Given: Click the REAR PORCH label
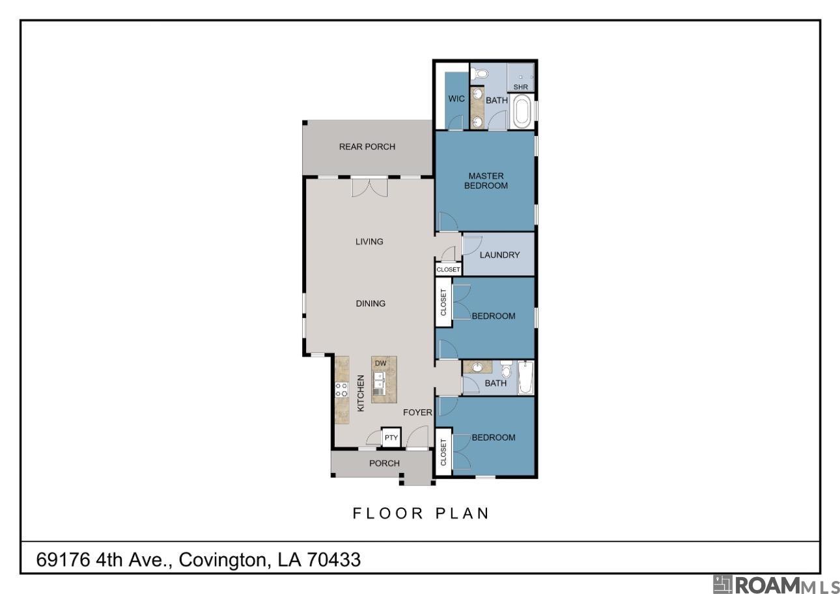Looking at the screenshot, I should pos(367,147).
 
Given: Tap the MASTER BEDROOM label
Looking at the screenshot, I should pos(485,181).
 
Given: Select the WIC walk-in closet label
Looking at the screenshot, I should pos(456,100).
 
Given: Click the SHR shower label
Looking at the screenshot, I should pos(520,87).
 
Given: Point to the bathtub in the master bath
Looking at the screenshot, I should pos(522,112).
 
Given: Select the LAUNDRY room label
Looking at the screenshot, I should pos(499,255).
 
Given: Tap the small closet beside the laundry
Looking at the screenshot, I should pos(448,269).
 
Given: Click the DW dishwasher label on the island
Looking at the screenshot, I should pos(381,363).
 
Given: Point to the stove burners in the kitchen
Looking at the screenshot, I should pos(341,390).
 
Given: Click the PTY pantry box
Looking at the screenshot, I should pos(391,438).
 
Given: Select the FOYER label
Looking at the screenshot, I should pos(417,412).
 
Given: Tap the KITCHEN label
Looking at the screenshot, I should pos(361,392).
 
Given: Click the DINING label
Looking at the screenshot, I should pos(370,303).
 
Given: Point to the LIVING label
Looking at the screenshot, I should pos(369,241).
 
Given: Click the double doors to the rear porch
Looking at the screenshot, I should pos(369,187).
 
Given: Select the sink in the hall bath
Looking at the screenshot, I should pos(477,368).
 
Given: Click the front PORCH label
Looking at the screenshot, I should pos(384,463).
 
